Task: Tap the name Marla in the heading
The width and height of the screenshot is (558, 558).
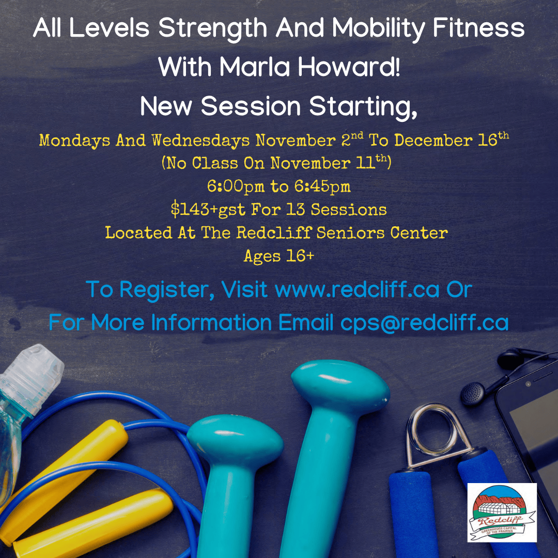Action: coord(255,67)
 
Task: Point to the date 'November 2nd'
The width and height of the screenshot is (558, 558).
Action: coord(309,139)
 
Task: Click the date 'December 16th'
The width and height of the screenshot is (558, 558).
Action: coord(451,139)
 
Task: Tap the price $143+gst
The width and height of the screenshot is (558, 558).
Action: coord(208,209)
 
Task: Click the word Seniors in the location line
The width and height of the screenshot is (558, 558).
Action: coord(350,233)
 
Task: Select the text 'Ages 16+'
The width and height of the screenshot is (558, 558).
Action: coord(278,256)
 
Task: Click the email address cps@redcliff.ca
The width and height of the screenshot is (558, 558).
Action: coord(424,322)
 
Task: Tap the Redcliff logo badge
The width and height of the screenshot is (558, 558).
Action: coord(502,513)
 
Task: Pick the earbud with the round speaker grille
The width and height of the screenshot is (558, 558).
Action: coord(473,394)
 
